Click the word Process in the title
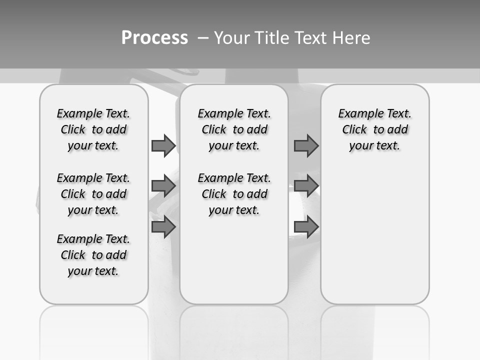click(x=154, y=37)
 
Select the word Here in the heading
click(x=352, y=38)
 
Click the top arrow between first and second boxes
click(x=163, y=145)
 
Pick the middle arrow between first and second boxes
click(x=163, y=186)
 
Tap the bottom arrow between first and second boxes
click(x=163, y=227)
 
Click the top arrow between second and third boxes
click(x=306, y=145)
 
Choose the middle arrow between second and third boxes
click(x=306, y=186)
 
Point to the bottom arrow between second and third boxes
click(x=306, y=227)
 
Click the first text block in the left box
click(x=93, y=129)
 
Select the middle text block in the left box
click(x=93, y=194)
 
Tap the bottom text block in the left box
click(x=93, y=255)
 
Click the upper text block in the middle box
click(x=234, y=129)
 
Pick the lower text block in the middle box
click(x=234, y=194)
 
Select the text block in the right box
click(x=374, y=129)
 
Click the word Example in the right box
click(x=356, y=114)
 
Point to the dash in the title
click(x=203, y=38)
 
